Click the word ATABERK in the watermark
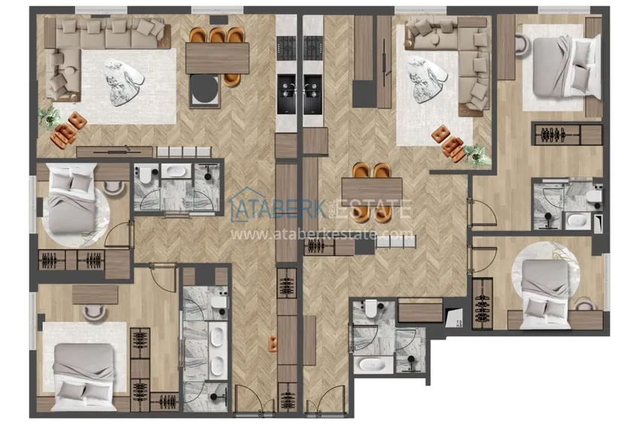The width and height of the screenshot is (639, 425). (x=281, y=209)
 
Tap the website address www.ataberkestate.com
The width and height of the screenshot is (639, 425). (x=322, y=234)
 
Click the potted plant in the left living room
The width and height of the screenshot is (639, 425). (x=50, y=117)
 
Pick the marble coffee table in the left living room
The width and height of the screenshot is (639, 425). (x=124, y=83)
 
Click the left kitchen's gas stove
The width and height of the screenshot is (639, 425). (x=287, y=48)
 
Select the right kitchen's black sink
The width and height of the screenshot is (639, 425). (x=313, y=94)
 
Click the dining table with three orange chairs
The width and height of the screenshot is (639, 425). (x=217, y=58)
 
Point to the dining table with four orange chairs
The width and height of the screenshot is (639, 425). (x=371, y=189)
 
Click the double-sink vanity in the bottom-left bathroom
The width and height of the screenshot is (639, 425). (x=217, y=351)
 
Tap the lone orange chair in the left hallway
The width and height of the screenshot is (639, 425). (x=273, y=343)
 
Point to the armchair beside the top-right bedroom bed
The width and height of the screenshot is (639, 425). (x=522, y=45)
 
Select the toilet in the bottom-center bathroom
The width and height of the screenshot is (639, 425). (x=371, y=308)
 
